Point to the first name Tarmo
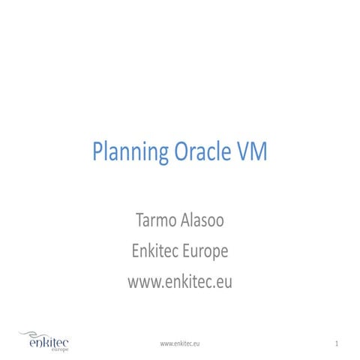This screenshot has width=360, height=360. (154, 223)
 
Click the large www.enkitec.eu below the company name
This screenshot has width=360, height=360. (180, 283)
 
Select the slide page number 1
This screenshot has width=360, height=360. (339, 343)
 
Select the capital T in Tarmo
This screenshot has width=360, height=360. (138, 223)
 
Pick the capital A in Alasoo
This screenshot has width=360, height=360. (184, 223)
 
